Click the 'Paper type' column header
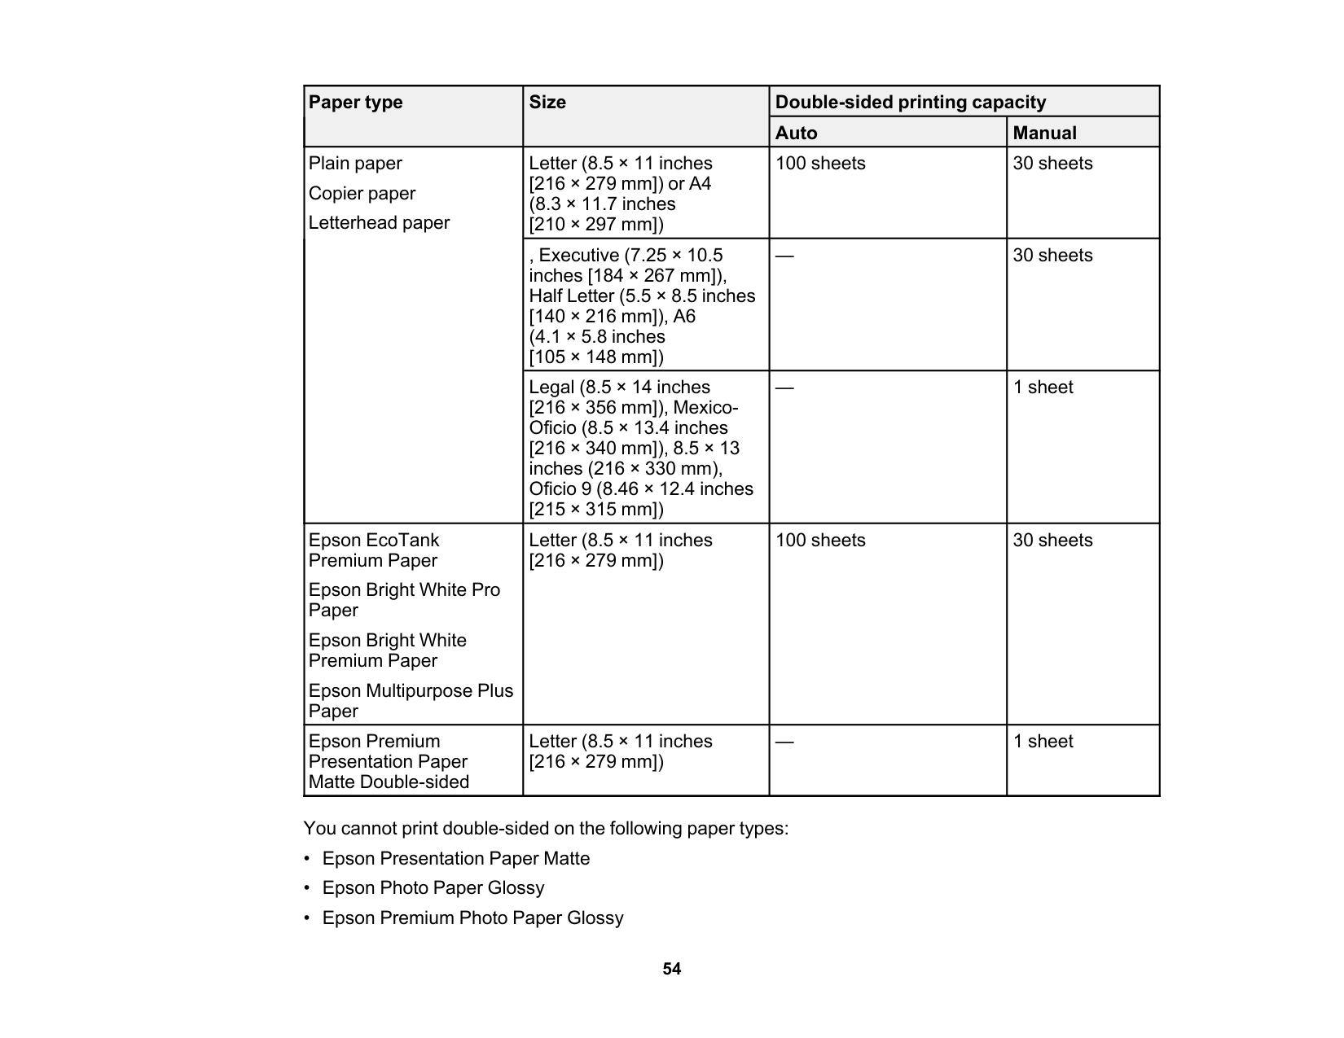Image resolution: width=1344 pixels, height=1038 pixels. tap(356, 103)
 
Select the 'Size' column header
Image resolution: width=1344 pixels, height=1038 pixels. tap(547, 103)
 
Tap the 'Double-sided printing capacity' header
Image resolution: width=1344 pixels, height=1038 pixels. tap(910, 103)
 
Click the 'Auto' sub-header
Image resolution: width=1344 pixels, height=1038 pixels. tap(796, 133)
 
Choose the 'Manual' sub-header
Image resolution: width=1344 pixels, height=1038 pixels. tap(1044, 133)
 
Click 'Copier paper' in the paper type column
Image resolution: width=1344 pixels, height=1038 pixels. tap(362, 194)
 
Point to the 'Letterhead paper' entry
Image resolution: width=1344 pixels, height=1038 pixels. tap(379, 223)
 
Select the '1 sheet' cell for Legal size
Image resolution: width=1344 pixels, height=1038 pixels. tap(1043, 388)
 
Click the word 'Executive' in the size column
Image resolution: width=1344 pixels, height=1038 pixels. tap(578, 256)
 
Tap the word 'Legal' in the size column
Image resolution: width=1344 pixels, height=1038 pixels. tap(551, 388)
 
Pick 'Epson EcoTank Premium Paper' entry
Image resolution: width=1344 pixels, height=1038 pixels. tap(374, 550)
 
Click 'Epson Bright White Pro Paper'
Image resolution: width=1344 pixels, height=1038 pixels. tap(404, 600)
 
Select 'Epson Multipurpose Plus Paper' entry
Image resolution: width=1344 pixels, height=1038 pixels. tap(411, 701)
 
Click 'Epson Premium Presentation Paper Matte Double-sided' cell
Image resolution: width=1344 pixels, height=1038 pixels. tap(389, 761)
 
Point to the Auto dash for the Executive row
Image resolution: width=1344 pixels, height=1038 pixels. tap(784, 256)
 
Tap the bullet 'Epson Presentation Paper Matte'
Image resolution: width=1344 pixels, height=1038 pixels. tap(456, 859)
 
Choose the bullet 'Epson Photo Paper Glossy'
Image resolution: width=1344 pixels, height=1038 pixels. tap(433, 888)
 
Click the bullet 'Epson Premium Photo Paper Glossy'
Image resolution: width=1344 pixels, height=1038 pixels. tap(472, 918)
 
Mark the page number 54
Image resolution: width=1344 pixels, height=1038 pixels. tap(671, 969)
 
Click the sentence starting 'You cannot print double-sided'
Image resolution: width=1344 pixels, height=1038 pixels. tap(546, 829)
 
